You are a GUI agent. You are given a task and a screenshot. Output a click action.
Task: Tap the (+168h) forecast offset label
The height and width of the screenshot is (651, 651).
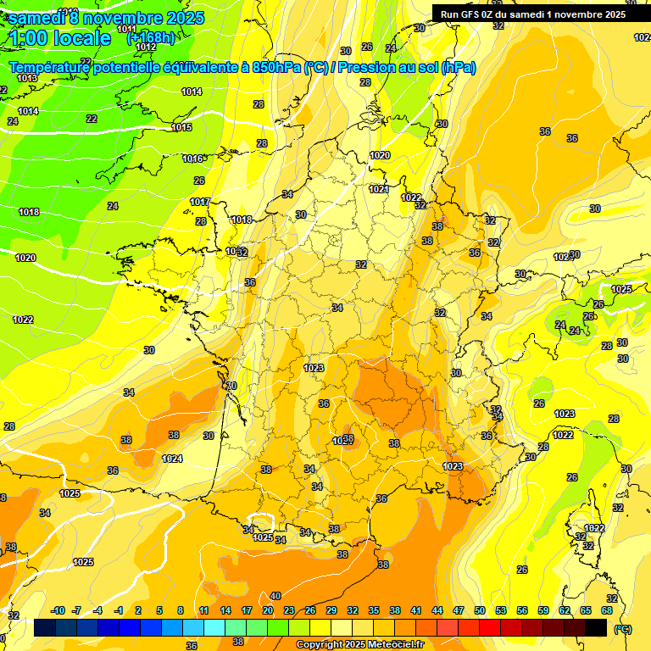(x=151, y=38)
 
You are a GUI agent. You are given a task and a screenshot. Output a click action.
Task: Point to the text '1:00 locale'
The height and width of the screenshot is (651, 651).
(x=60, y=38)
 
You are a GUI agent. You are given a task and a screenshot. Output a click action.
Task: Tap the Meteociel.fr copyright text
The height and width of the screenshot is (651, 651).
(x=359, y=645)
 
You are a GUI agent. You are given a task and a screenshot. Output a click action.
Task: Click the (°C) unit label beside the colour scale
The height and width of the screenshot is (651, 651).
(x=622, y=629)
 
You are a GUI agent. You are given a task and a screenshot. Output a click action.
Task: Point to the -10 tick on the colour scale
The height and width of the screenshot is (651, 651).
(x=58, y=610)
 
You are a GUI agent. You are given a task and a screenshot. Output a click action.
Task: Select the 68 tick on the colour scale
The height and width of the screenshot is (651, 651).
(x=607, y=610)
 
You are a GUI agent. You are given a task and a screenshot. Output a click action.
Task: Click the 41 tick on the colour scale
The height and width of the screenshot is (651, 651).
(x=416, y=610)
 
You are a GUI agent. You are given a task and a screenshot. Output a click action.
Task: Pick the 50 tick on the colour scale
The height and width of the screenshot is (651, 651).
(x=480, y=610)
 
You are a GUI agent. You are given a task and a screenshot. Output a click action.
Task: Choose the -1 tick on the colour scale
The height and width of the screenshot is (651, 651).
(x=119, y=610)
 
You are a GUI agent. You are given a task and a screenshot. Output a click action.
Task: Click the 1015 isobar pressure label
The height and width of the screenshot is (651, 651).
(x=181, y=128)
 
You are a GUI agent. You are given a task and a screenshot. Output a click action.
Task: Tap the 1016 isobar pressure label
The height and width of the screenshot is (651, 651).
(x=193, y=159)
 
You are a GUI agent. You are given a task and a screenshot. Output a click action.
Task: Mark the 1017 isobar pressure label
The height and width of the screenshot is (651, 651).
(x=200, y=202)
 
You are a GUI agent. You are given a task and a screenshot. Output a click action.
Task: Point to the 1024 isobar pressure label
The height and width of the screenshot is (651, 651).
(x=172, y=459)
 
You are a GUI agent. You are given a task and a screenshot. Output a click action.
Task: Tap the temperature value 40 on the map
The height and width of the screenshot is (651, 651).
(x=275, y=596)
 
